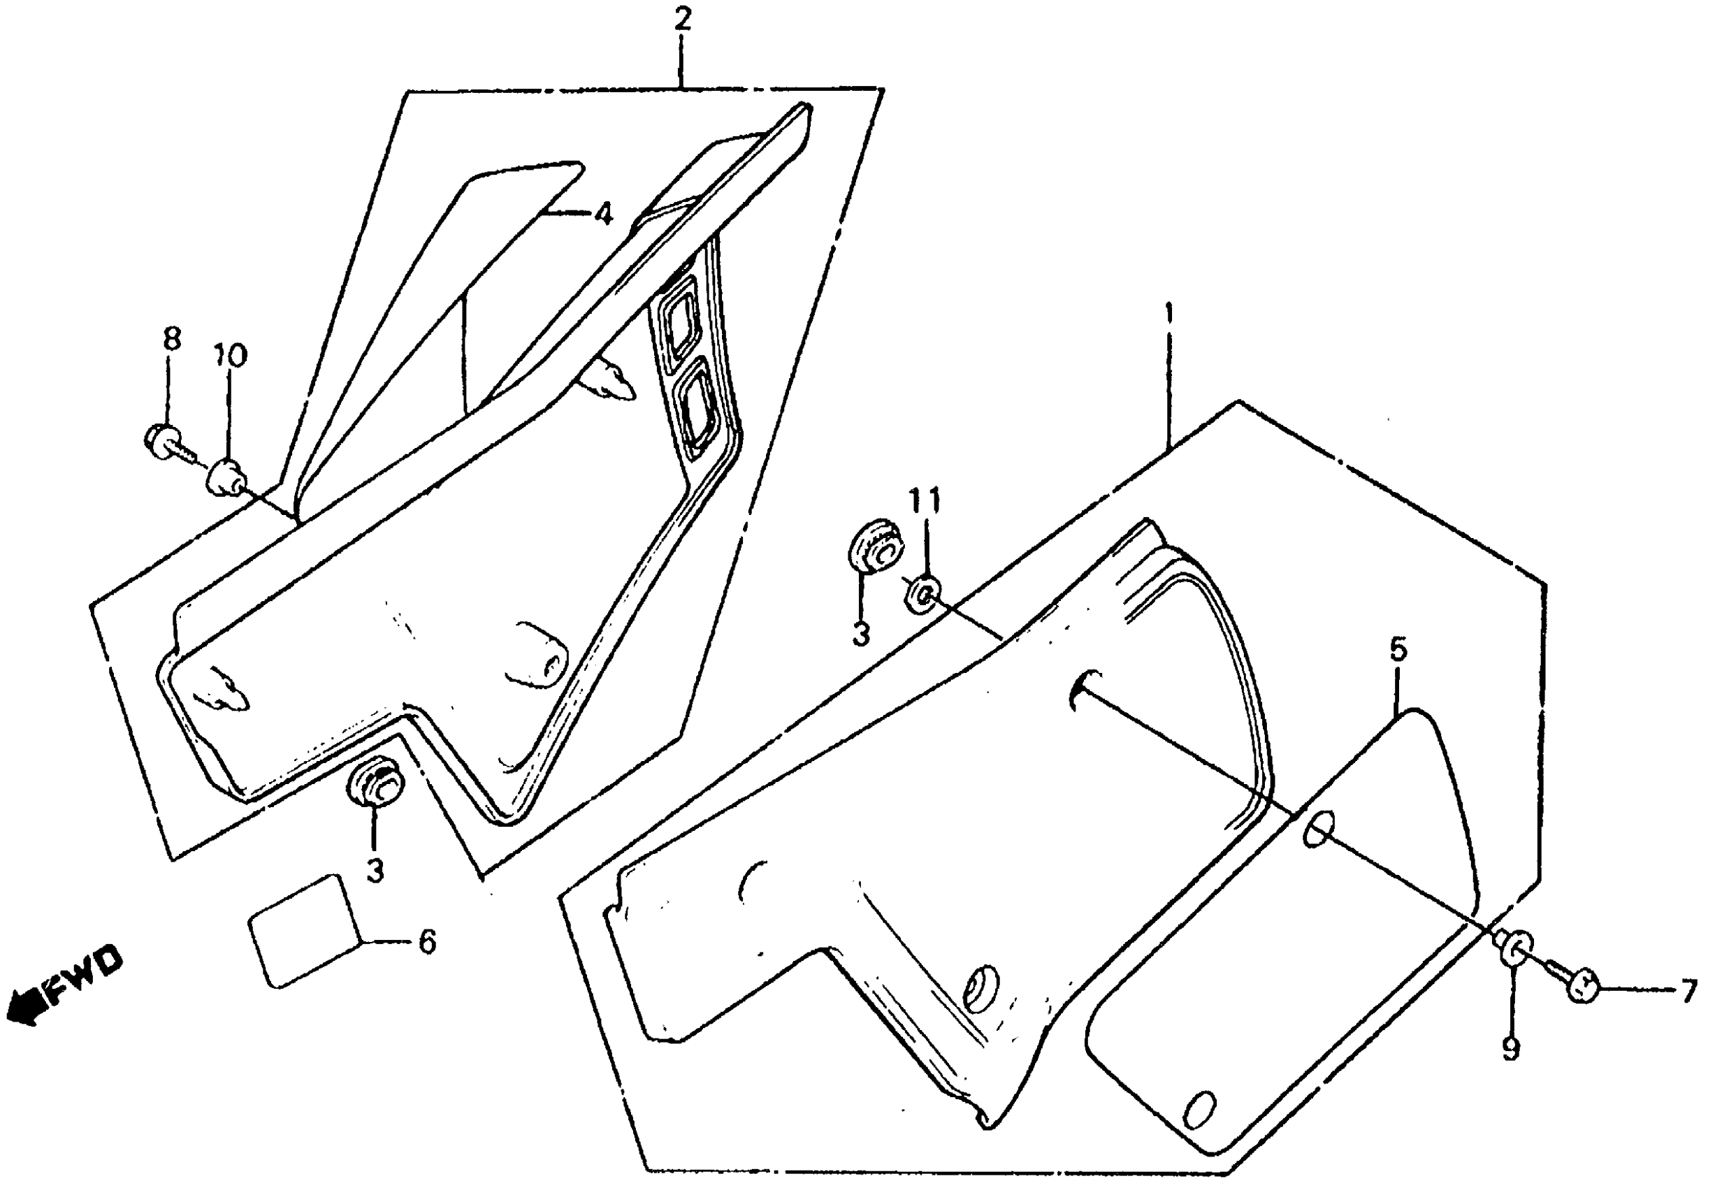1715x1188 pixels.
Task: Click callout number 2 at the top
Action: point(682,20)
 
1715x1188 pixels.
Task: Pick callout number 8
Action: point(171,340)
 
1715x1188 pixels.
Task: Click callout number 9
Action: point(1510,1049)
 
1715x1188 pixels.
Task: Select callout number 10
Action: point(229,356)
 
